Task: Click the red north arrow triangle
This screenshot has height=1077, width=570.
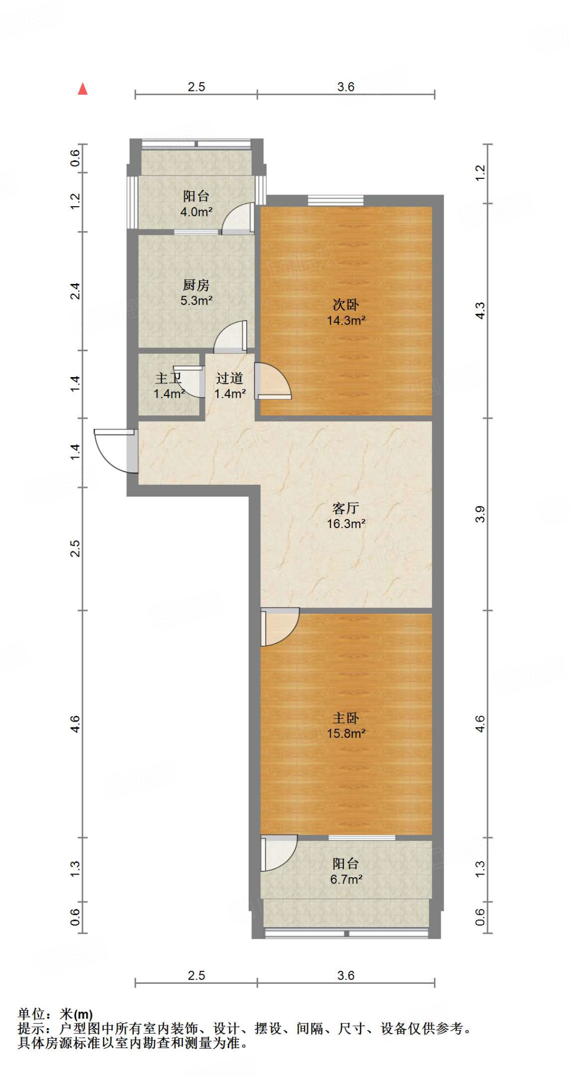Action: (83, 89)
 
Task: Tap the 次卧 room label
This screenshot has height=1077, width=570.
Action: (345, 305)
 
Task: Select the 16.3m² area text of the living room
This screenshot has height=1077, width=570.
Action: (345, 524)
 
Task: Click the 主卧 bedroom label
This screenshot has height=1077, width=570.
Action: (345, 718)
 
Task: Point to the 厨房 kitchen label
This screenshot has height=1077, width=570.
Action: (196, 285)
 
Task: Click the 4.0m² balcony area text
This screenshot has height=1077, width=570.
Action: (196, 212)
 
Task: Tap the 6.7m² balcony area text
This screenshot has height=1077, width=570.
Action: (345, 879)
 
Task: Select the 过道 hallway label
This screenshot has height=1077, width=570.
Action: (229, 378)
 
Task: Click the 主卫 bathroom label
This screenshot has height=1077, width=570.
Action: (168, 378)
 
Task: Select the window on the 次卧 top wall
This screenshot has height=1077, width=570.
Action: (335, 200)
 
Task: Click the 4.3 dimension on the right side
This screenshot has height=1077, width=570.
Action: (480, 310)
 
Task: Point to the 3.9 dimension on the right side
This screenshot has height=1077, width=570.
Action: (480, 514)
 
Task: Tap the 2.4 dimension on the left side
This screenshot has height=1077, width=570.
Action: (75, 291)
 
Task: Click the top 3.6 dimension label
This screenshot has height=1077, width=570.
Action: (345, 87)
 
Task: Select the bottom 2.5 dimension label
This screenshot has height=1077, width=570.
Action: (196, 976)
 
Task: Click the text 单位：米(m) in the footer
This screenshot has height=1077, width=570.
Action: (55, 1014)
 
